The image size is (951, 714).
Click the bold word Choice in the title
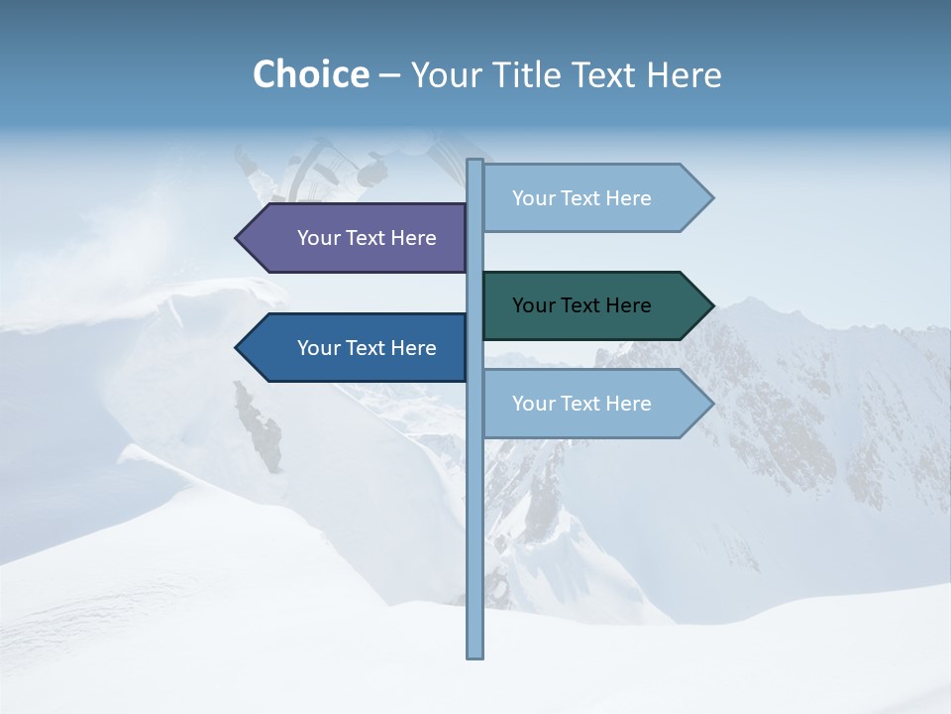click(x=310, y=74)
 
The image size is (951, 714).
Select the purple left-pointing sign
click(x=357, y=238)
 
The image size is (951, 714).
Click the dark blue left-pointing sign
click(x=357, y=348)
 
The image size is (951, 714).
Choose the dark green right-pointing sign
click(x=590, y=305)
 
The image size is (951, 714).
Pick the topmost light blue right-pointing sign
click(x=590, y=198)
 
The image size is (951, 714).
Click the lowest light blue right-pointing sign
click(x=590, y=404)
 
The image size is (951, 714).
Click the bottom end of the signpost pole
click(x=475, y=654)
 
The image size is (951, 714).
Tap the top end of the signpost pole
click(x=475, y=162)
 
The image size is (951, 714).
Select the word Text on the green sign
click(x=582, y=305)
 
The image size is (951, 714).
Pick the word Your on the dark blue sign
click(x=318, y=348)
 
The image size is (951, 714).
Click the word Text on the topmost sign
click(x=582, y=198)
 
